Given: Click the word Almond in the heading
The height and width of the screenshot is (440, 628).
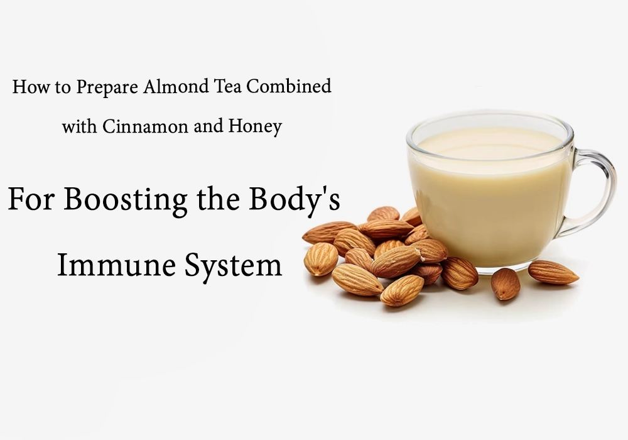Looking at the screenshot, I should (170, 87).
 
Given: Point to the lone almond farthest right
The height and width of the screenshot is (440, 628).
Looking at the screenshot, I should (553, 272).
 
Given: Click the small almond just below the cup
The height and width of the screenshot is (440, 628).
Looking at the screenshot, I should (505, 283).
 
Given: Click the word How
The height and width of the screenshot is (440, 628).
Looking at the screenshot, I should (26, 87).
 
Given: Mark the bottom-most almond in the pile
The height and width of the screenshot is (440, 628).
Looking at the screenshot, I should (402, 290).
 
